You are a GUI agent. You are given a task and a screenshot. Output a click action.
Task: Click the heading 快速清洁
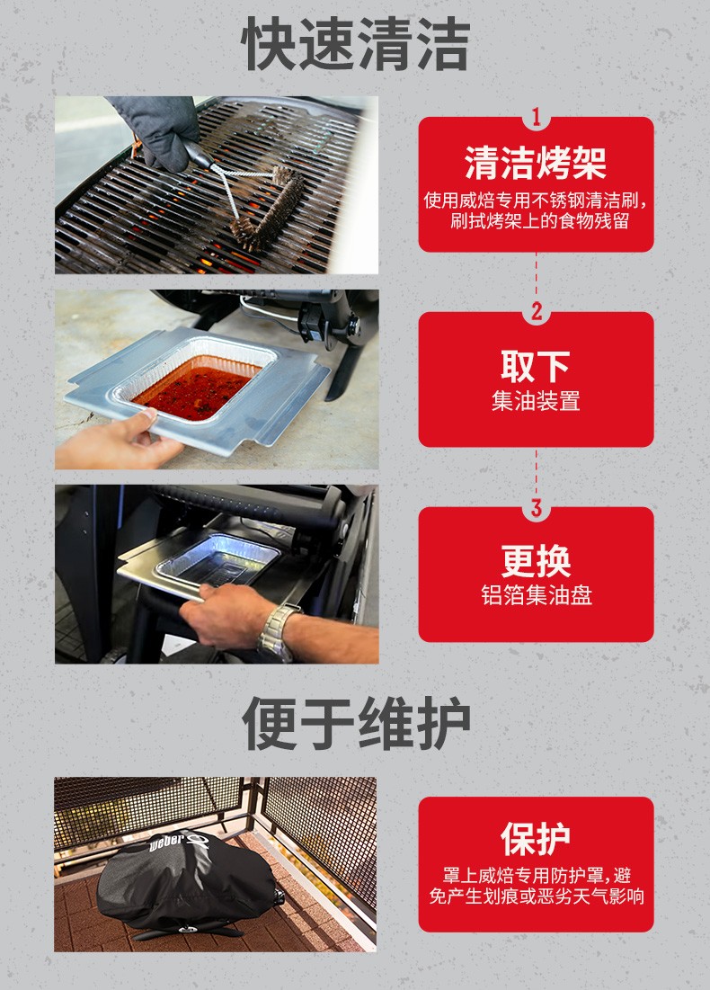[355, 44]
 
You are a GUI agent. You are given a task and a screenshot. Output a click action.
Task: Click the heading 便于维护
[356, 723]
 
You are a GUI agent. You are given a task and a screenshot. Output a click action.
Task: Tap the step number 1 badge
[537, 117]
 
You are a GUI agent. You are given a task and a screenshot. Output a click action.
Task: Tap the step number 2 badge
[537, 311]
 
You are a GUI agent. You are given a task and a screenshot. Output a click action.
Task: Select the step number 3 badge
[537, 507]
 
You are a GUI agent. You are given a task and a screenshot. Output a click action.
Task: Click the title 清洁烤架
[536, 163]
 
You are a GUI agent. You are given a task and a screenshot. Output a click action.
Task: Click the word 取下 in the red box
[535, 366]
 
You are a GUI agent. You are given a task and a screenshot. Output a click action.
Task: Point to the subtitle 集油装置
[536, 401]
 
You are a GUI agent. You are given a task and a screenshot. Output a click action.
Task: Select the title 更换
[536, 561]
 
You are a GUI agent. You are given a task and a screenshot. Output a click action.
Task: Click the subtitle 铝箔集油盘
[537, 595]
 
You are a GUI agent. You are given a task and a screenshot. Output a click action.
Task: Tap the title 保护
[535, 838]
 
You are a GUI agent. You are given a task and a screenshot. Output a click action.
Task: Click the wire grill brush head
[268, 209]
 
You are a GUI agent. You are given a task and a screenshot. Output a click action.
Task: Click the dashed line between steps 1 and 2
[537, 277]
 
